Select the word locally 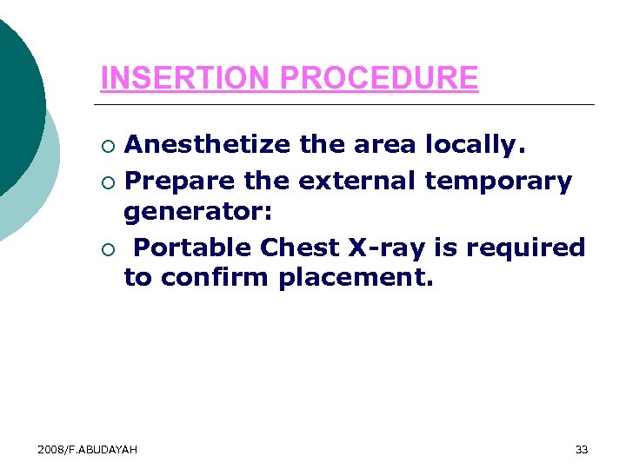coord(475,145)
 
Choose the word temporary coord(498,182)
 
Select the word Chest coord(301,248)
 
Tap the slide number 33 coord(582,449)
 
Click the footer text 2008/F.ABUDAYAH coord(87,449)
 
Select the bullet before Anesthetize coord(107,145)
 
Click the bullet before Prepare coord(107,182)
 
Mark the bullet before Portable coord(107,248)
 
